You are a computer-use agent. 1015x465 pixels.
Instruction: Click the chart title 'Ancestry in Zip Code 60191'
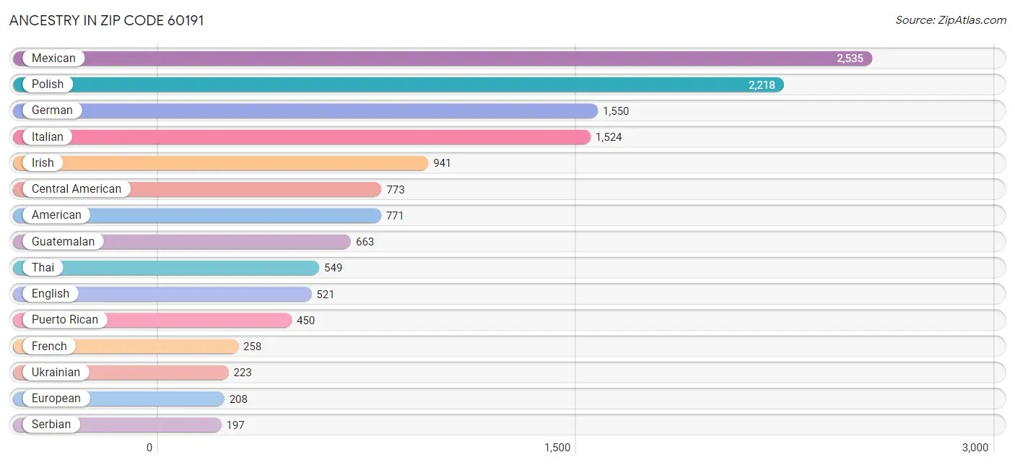pyautogui.click(x=107, y=20)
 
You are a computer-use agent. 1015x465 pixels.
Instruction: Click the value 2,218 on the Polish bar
pyautogui.click(x=762, y=85)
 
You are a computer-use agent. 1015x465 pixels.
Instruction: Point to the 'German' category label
pyautogui.click(x=52, y=110)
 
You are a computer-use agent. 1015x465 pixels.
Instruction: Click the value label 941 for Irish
pyautogui.click(x=442, y=163)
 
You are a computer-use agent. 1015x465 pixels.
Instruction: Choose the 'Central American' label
pyautogui.click(x=77, y=189)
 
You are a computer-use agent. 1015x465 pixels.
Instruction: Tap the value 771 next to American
pyautogui.click(x=395, y=216)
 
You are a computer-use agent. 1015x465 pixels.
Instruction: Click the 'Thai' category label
pyautogui.click(x=43, y=268)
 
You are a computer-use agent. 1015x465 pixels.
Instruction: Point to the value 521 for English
pyautogui.click(x=326, y=295)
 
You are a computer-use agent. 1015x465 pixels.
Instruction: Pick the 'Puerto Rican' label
pyautogui.click(x=65, y=320)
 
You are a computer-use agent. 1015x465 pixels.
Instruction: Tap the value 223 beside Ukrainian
pyautogui.click(x=243, y=373)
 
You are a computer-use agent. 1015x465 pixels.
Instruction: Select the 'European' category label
pyautogui.click(x=56, y=399)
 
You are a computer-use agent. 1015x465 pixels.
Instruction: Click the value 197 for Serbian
pyautogui.click(x=235, y=425)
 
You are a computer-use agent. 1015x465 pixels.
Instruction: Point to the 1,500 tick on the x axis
pyautogui.click(x=557, y=448)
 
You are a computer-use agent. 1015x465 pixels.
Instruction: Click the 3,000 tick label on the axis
pyautogui.click(x=975, y=448)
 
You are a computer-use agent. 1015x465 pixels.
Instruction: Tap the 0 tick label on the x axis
pyautogui.click(x=149, y=448)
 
